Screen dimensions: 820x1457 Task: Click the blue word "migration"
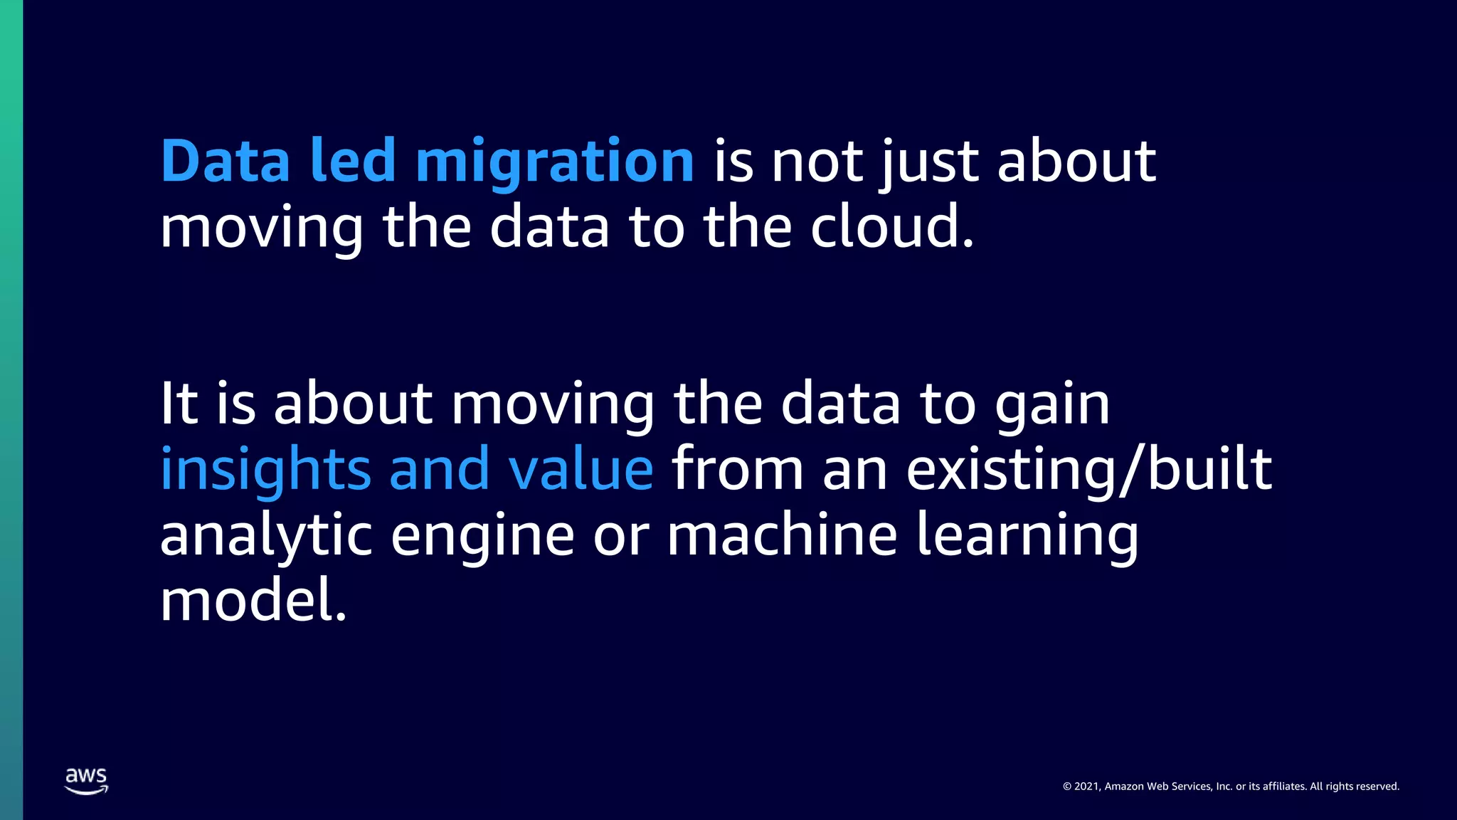(554, 162)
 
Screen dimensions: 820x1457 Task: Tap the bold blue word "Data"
(226, 161)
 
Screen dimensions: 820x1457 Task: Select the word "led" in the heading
(353, 161)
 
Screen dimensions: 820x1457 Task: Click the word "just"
(929, 162)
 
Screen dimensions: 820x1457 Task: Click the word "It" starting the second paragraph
(179, 404)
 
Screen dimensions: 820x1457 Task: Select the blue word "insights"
(265, 470)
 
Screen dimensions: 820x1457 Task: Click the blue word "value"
(581, 470)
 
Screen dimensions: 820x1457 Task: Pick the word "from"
(737, 470)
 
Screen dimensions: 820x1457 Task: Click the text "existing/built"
(1088, 470)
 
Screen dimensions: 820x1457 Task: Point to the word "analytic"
(266, 536)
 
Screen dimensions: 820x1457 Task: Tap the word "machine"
(781, 535)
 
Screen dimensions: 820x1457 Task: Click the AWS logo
(87, 780)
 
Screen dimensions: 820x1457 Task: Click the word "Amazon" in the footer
(1124, 787)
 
